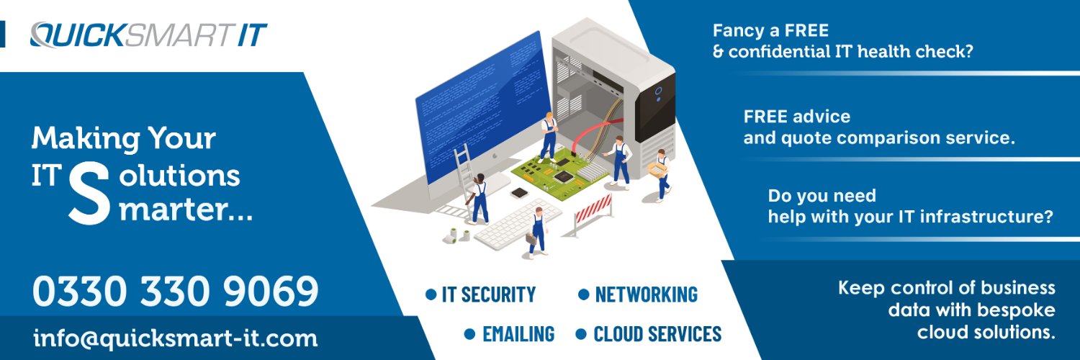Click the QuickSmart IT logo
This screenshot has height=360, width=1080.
[x=148, y=35]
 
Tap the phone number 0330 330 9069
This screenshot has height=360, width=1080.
[x=176, y=291]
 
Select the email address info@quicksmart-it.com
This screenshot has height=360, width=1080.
[x=176, y=338]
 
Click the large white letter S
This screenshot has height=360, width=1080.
[x=89, y=193]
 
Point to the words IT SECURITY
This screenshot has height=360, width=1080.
[x=488, y=294]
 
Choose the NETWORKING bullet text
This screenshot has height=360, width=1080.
[x=646, y=294]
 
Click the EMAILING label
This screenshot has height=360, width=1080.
[x=518, y=334]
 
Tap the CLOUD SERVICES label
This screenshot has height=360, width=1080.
[x=657, y=334]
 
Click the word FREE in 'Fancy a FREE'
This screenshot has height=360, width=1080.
[x=806, y=30]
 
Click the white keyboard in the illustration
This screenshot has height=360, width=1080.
[x=518, y=224]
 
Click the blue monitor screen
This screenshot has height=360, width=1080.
[x=482, y=106]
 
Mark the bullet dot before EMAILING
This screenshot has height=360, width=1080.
[x=470, y=334]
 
